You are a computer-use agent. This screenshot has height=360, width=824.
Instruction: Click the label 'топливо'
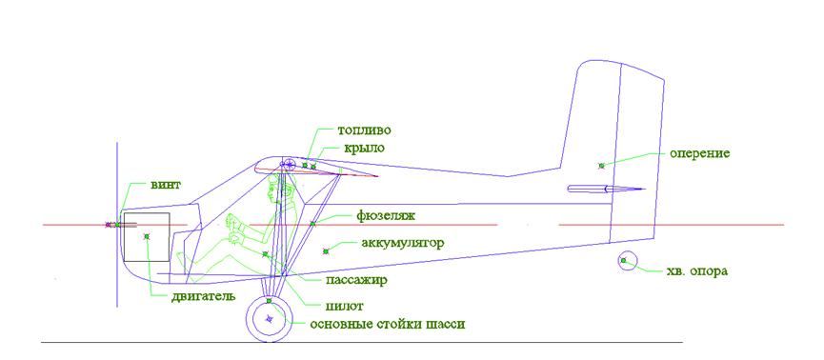[365, 130]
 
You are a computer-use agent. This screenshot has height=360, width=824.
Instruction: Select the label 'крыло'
[364, 149]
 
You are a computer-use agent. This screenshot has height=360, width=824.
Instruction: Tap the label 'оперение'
[700, 154]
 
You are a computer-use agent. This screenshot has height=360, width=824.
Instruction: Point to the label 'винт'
[166, 185]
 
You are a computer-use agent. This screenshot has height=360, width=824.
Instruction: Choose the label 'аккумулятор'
[403, 243]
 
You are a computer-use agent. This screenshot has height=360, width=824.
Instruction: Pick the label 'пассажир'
[357, 280]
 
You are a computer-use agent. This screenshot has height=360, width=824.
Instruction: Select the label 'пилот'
[345, 306]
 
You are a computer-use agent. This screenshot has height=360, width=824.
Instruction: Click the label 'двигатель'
[203, 296]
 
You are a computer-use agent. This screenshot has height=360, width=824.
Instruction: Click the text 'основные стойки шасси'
[388, 324]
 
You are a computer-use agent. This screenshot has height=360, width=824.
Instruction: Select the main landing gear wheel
[269, 300]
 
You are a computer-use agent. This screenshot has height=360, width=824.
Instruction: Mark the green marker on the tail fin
[601, 166]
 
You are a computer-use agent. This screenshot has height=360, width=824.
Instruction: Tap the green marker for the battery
[325, 251]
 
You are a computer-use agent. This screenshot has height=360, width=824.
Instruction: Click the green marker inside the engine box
[147, 237]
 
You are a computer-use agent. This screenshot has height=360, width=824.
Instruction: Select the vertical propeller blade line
[116, 224]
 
